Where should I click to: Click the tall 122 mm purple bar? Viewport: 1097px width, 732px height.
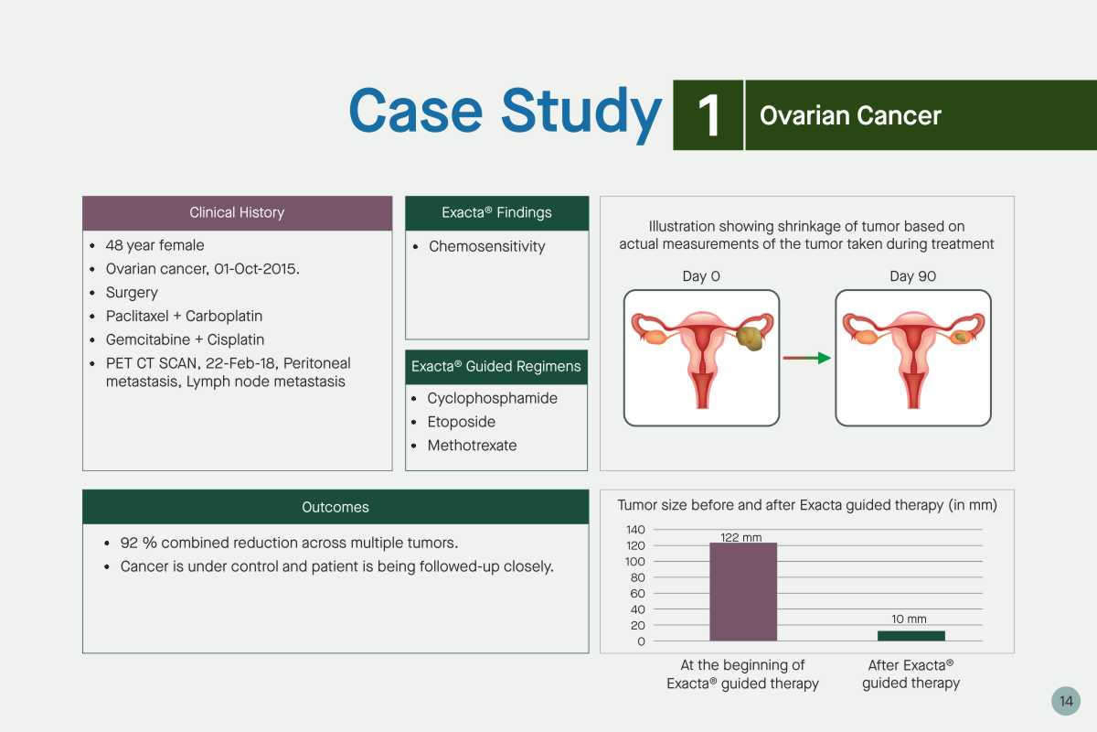743,591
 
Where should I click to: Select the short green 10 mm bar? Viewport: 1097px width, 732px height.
911,636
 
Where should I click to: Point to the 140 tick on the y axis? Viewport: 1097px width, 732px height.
635,530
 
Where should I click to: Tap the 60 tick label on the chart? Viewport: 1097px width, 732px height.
637,594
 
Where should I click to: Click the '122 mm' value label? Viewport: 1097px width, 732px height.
741,537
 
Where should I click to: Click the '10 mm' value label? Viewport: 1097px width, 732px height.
909,619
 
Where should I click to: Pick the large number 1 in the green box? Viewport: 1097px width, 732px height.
708,115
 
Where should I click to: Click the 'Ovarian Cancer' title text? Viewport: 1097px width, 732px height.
850,115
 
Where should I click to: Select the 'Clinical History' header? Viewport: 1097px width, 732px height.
237,213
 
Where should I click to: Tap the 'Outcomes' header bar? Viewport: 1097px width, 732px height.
335,507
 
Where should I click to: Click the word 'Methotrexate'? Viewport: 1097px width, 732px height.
472,446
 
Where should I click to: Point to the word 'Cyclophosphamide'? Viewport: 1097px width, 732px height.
492,398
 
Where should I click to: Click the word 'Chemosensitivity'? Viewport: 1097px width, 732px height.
486,246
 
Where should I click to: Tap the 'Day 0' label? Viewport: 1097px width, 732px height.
701,276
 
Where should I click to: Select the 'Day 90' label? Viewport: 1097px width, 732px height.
912,276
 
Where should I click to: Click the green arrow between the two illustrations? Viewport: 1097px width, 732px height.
806,358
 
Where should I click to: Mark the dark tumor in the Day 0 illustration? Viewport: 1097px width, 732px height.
750,339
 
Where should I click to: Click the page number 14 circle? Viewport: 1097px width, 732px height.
1066,701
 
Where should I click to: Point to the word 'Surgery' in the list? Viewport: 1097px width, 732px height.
132,293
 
